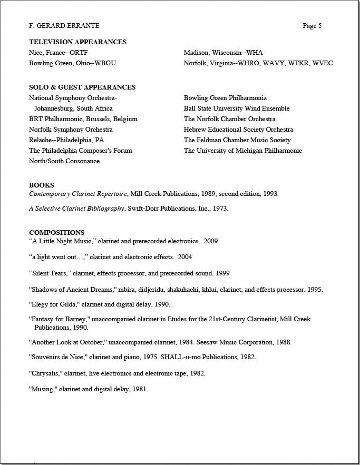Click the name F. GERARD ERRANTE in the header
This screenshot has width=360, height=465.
pyautogui.click(x=64, y=26)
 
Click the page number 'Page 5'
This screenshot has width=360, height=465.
pyautogui.click(x=312, y=26)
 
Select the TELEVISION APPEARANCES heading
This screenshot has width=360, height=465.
pyautogui.click(x=77, y=42)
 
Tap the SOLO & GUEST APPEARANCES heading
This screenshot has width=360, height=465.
pyautogui.click(x=82, y=87)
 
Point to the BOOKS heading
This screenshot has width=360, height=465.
pyautogui.click(x=41, y=185)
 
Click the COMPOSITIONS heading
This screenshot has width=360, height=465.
pyautogui.click(x=56, y=233)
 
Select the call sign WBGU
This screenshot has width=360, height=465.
pyautogui.click(x=105, y=63)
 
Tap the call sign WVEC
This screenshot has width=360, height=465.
pyautogui.click(x=323, y=63)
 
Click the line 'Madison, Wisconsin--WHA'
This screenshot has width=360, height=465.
pyautogui.click(x=223, y=53)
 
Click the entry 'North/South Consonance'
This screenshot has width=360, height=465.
pyautogui.click(x=64, y=161)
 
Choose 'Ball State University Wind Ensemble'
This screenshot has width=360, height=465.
pyautogui.click(x=237, y=108)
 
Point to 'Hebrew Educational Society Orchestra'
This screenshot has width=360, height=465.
pyautogui.click(x=238, y=130)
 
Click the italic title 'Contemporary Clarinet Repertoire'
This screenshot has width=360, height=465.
pyautogui.click(x=78, y=194)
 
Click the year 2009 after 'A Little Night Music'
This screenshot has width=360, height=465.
pyautogui.click(x=210, y=241)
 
